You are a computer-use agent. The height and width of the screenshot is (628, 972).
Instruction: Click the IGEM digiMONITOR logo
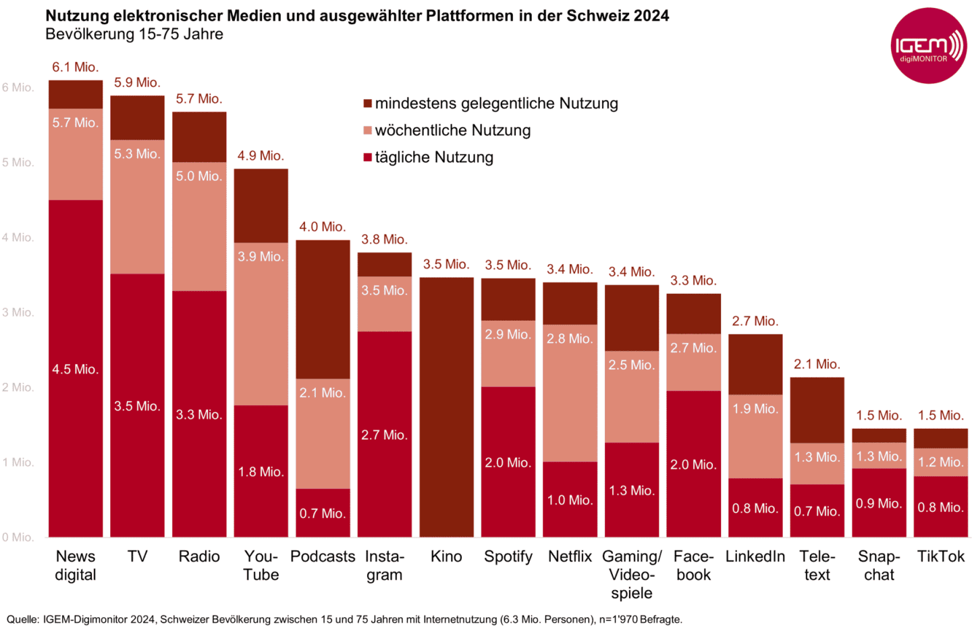point(928,46)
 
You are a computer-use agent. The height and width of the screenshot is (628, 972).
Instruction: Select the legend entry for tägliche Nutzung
point(433,157)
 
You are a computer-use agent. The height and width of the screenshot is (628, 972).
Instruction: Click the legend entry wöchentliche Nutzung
point(452,130)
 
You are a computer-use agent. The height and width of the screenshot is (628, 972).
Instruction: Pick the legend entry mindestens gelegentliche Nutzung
point(496,103)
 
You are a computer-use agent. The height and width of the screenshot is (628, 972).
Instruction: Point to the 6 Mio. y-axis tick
point(18,87)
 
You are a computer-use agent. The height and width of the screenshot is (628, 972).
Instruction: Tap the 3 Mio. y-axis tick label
point(18,312)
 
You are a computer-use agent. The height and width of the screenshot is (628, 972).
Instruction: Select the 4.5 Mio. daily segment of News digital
point(76,369)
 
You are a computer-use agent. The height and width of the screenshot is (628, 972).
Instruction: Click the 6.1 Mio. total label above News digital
point(76,67)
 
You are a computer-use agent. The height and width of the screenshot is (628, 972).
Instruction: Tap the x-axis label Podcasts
point(323,556)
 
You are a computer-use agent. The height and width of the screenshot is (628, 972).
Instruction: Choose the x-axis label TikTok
point(940,556)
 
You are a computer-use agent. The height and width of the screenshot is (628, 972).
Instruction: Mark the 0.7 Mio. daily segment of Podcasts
point(323,513)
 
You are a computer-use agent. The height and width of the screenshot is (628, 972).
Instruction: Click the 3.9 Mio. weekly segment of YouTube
point(261,324)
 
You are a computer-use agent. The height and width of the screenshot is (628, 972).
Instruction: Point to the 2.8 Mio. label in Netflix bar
point(570,338)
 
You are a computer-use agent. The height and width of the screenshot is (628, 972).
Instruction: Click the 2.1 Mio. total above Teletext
point(817,364)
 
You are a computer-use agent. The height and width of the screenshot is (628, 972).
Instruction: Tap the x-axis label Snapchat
point(879,565)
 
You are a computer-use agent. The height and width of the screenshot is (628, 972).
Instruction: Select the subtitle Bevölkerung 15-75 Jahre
point(134,34)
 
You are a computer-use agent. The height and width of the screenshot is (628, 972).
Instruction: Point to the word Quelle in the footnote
point(23,619)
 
